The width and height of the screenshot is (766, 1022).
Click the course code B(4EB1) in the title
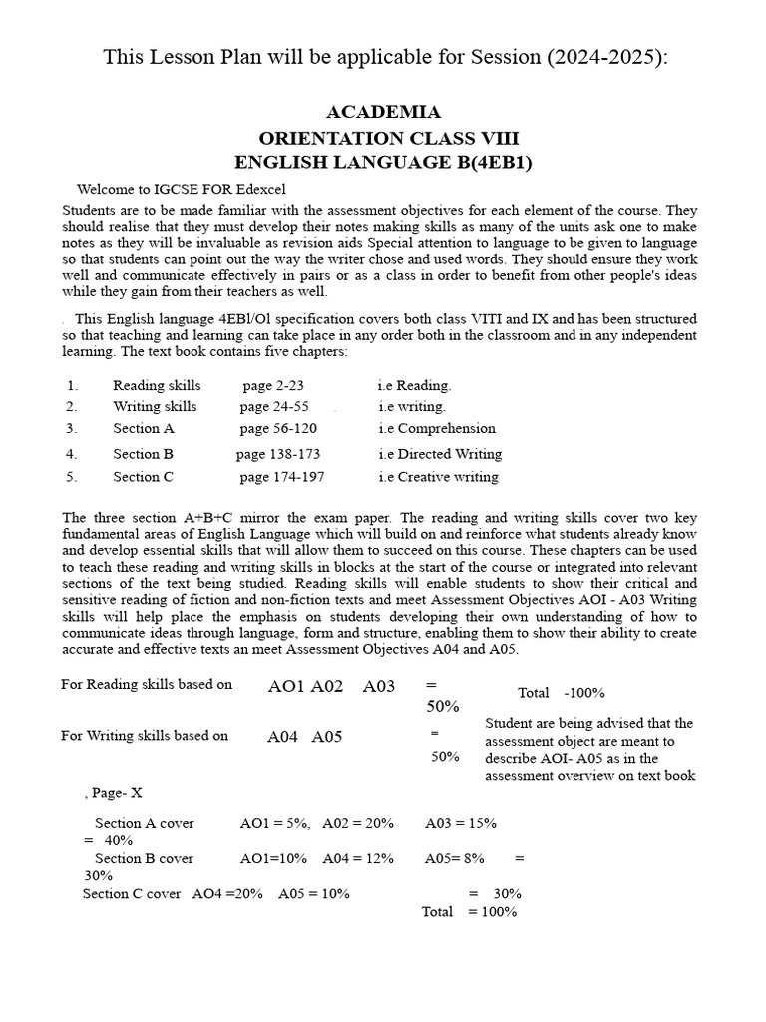coord(482,162)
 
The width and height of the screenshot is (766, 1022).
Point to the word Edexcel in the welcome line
coord(257,190)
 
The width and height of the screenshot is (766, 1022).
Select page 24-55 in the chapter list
coord(274,406)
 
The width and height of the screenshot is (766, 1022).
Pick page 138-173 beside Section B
coord(278,454)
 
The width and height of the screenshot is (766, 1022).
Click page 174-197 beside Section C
coord(282,477)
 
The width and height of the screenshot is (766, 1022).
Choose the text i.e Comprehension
coord(437,428)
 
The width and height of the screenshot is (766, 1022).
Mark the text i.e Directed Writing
coord(440,454)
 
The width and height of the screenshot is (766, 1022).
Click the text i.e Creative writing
coord(438,477)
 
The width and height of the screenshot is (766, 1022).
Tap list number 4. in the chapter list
coord(72,454)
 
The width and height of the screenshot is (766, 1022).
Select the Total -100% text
coord(561,693)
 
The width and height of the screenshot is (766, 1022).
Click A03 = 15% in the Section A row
coord(461,823)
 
